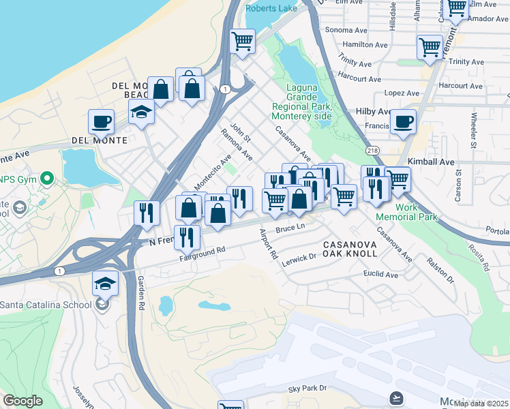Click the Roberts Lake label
coord(272,8)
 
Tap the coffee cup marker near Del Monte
coord(101,122)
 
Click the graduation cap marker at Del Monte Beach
coord(142,112)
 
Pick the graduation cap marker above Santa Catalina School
coord(106,283)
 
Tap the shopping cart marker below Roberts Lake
coord(243,42)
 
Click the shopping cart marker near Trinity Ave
coord(430,48)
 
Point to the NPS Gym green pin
coord(46,179)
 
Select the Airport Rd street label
coord(269,244)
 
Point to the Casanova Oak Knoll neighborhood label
coord(350,249)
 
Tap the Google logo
coord(22,401)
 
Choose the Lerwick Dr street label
coord(299,258)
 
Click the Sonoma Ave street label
coord(347,30)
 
